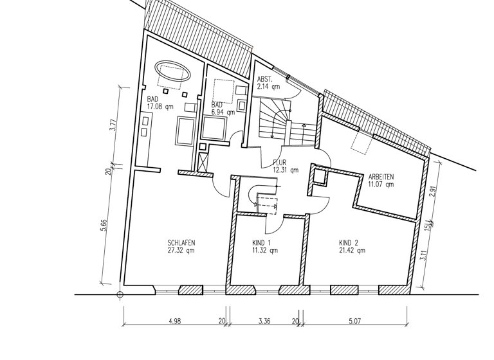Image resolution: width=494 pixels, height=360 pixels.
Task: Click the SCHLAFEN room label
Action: pos(181,242)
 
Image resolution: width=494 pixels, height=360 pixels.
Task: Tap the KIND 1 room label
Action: pos(262,242)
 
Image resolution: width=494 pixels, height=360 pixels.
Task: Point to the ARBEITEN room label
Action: pos(381,177)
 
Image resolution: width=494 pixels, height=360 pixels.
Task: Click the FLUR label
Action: pos(280,163)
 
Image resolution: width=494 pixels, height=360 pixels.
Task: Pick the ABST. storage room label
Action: pos(265,78)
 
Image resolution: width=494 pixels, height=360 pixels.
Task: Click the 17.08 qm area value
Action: pos(160,107)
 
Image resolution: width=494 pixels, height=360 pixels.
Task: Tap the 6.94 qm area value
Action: pos(222,112)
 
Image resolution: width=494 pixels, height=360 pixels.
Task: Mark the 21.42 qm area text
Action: pos(352,250)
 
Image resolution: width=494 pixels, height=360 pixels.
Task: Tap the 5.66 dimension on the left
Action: pos(104,226)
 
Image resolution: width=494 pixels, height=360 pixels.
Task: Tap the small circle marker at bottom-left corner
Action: pos(120,295)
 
